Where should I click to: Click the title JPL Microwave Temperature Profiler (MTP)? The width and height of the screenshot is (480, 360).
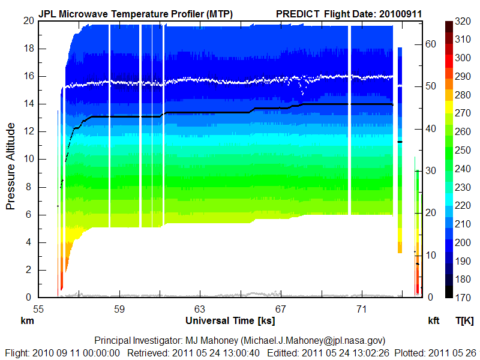tap(136, 13)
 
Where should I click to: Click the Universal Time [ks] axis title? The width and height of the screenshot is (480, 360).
tap(230, 320)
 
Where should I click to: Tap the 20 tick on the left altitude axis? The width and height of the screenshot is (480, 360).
tap(28, 20)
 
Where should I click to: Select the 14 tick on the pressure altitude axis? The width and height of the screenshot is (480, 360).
tap(28, 104)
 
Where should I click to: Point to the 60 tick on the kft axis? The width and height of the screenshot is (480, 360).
tap(430, 44)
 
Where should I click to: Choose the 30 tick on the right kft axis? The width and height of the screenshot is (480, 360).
tap(430, 170)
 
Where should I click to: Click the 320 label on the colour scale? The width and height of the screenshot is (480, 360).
tap(462, 20)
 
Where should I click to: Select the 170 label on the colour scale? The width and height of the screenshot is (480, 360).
tap(462, 296)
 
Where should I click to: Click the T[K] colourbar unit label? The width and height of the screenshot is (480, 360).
tap(465, 320)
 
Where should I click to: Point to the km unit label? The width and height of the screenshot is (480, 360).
tap(26, 320)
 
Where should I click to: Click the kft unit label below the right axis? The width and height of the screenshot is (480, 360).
tap(433, 320)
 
